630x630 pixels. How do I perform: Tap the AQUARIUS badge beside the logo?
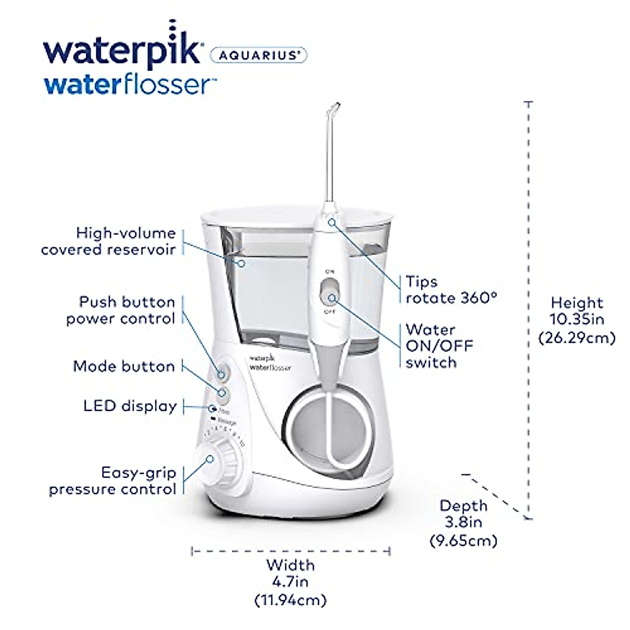click(258, 55)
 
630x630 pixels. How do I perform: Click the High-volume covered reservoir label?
click(109, 241)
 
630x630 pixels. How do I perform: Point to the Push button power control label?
click(121, 310)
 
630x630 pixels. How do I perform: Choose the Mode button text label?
click(124, 366)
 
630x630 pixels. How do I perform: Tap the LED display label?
click(130, 406)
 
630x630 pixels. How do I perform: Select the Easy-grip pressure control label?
click(112, 481)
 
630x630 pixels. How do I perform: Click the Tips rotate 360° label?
click(450, 290)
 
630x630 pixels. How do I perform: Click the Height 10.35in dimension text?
click(577, 320)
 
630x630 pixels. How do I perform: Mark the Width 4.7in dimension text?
click(290, 582)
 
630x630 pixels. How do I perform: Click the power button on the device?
click(223, 374)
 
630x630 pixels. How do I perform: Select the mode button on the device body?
click(224, 393)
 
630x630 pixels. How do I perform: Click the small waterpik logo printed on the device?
click(270, 362)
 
